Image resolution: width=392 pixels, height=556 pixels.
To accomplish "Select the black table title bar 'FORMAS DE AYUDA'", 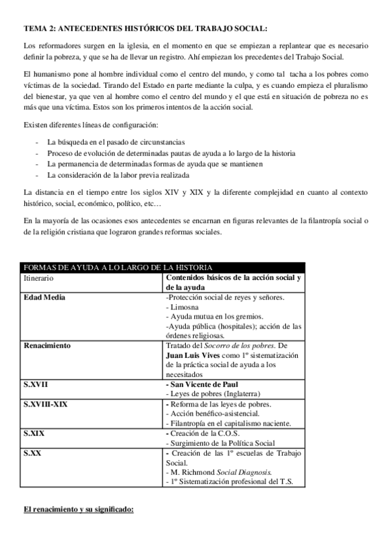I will [x=118, y=268].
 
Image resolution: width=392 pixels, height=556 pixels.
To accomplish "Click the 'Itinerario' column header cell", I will [x=39, y=278].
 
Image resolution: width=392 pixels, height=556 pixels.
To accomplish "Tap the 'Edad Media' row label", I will [x=44, y=297].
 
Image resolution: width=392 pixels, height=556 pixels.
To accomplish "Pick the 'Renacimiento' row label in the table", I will [x=47, y=344].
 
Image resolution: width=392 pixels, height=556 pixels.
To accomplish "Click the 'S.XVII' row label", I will [x=35, y=384].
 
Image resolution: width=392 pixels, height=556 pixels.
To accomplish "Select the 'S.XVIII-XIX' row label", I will [x=46, y=404].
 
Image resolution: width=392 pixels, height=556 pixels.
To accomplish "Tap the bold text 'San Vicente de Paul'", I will [x=206, y=384].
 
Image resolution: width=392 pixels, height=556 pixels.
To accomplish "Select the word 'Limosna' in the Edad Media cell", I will [x=186, y=307].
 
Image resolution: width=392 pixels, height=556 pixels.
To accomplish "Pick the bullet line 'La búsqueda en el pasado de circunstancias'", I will [x=116, y=142].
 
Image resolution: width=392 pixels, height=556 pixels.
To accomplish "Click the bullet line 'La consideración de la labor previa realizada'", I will [x=118, y=175].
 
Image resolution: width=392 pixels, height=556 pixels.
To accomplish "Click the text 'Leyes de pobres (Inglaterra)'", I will [x=216, y=394].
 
